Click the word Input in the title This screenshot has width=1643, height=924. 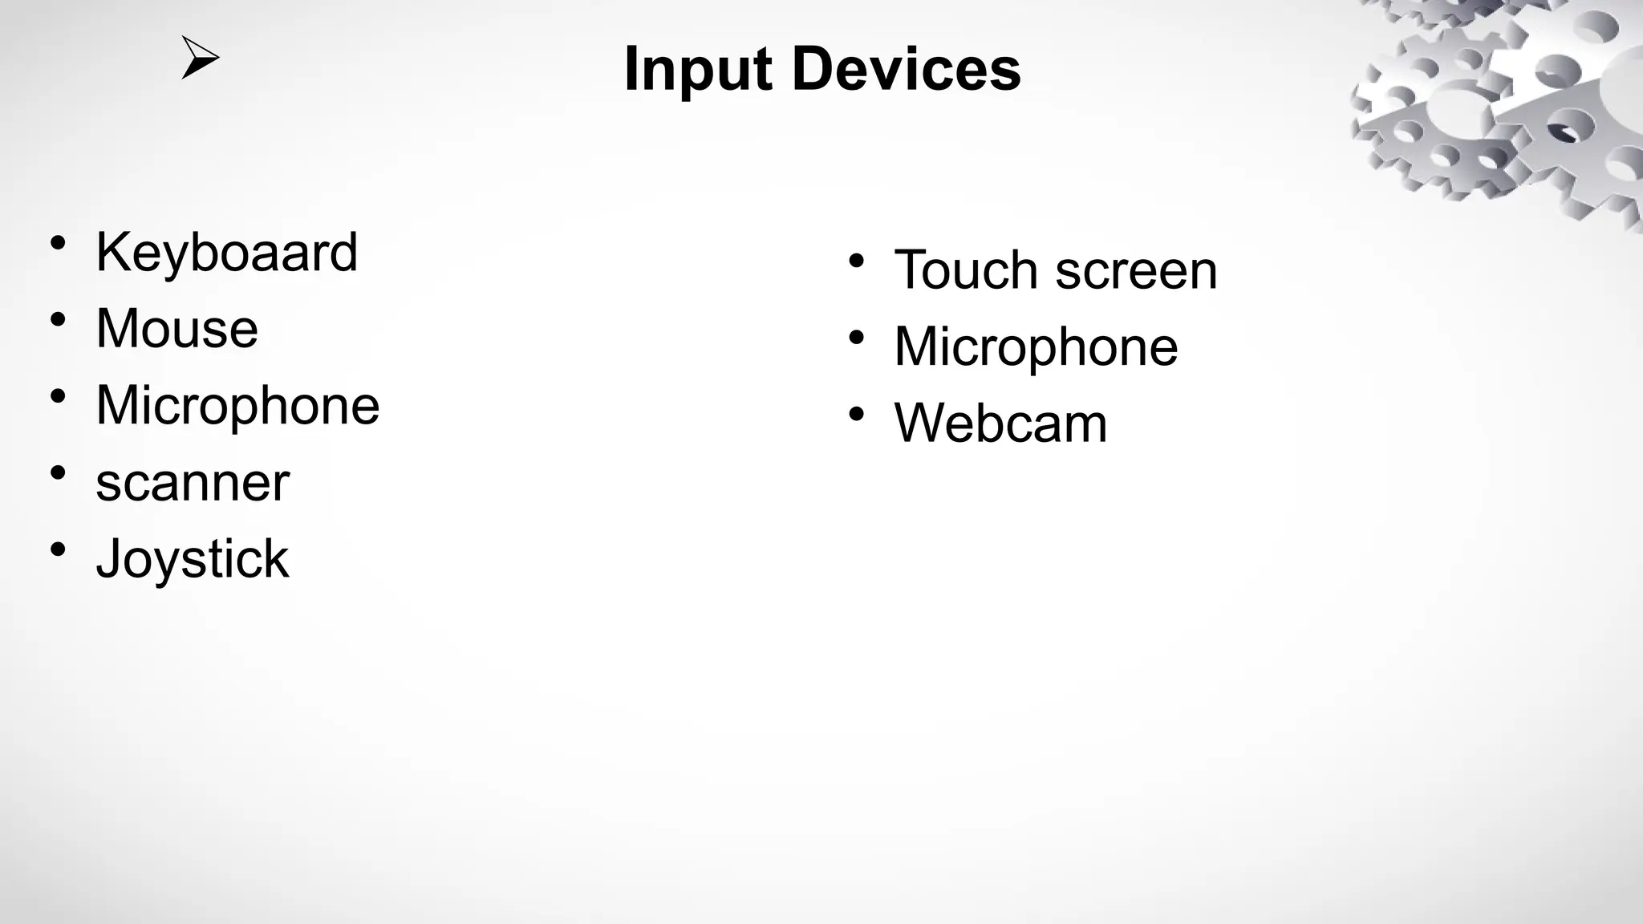(x=697, y=71)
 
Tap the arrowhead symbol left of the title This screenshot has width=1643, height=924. (x=199, y=58)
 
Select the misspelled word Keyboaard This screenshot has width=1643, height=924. (x=226, y=253)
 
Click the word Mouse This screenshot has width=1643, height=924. (x=176, y=329)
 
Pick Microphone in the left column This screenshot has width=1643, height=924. (x=237, y=405)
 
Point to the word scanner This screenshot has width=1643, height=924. (x=193, y=484)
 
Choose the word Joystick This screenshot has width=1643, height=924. (x=193, y=559)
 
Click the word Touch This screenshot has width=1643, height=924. (x=966, y=270)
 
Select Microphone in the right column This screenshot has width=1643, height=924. (x=1036, y=347)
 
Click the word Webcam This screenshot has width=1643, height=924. (x=1000, y=423)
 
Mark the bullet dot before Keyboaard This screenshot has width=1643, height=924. (x=58, y=242)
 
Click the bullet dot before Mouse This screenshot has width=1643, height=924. (x=58, y=319)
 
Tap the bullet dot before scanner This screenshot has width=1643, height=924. (x=58, y=472)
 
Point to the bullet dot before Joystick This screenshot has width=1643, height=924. (x=58, y=549)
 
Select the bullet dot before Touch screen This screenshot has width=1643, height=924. (x=857, y=261)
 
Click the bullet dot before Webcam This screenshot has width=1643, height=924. (x=857, y=414)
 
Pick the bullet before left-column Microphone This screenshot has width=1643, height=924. (x=58, y=395)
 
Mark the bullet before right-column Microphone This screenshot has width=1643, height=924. (x=857, y=338)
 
